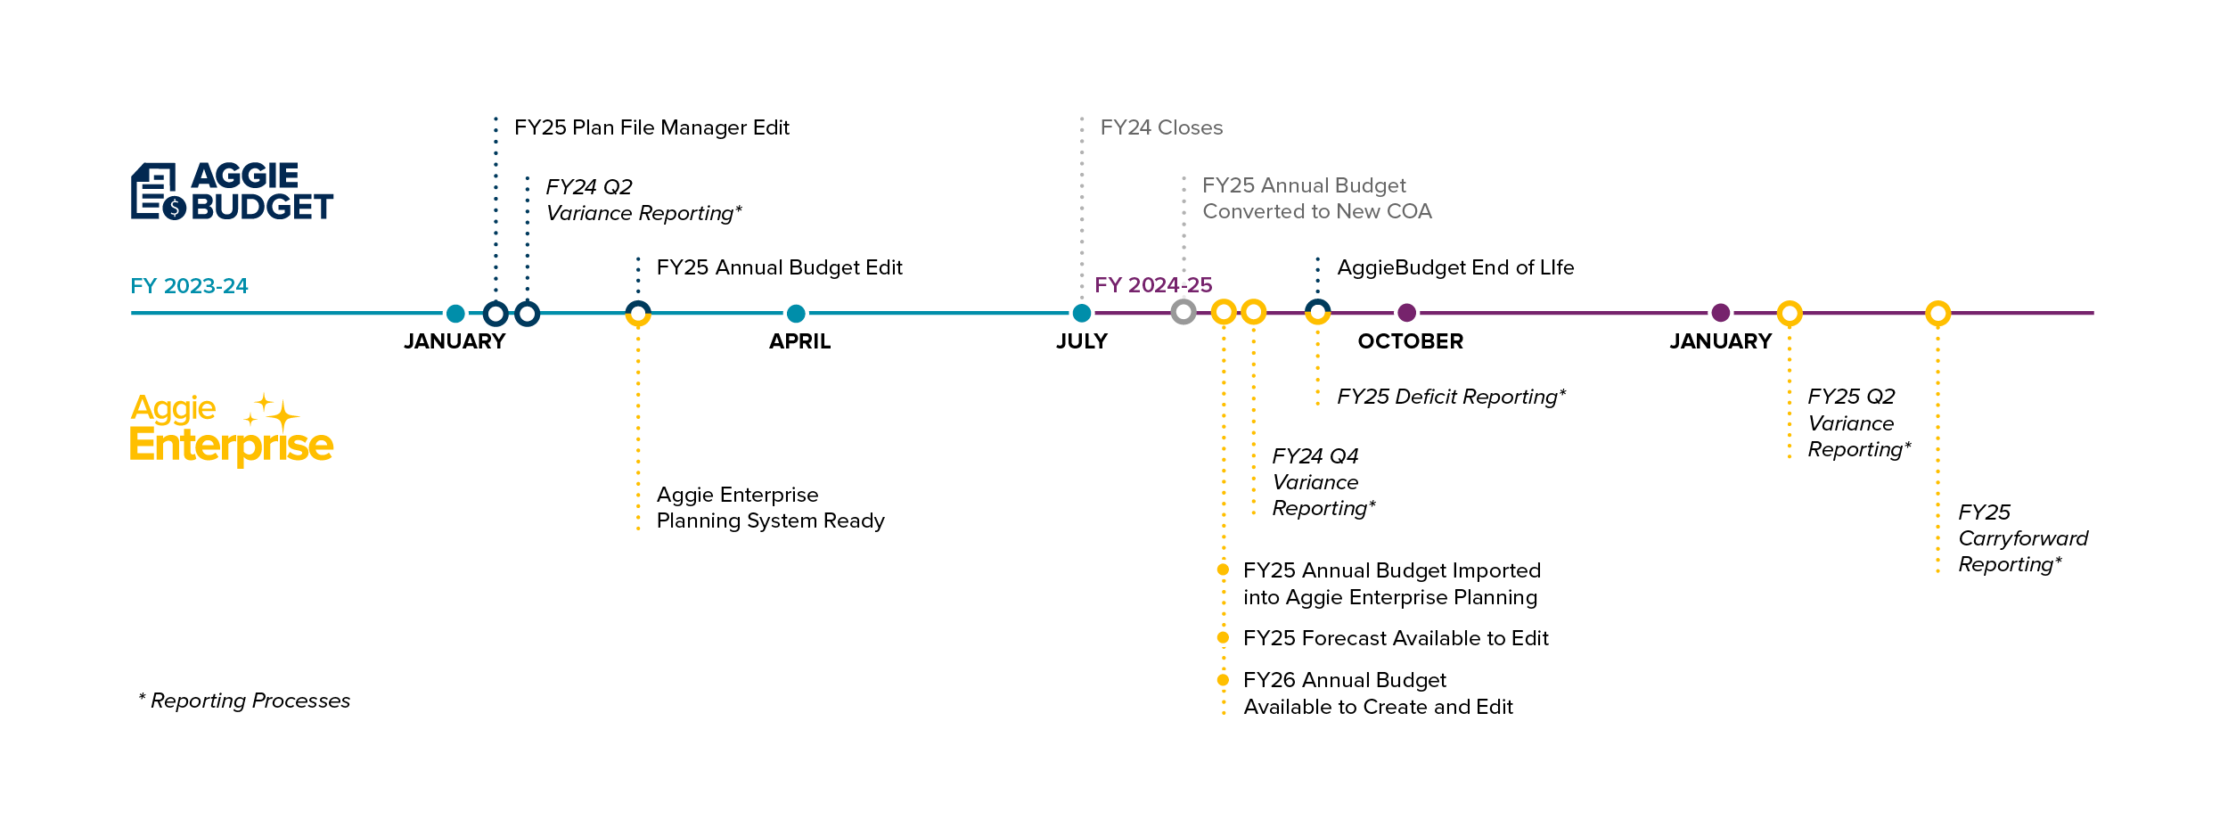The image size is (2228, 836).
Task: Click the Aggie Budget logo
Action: coord(232,191)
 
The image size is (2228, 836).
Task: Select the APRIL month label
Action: coord(799,341)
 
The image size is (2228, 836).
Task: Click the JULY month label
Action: coord(1081,341)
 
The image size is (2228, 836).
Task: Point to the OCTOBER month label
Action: coord(1410,341)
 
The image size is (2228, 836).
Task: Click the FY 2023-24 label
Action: coord(189,286)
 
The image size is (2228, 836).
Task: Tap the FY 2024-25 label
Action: coord(1152,285)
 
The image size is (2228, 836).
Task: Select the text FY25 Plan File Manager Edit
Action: coord(651,127)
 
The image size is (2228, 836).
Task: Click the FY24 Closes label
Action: coord(1161,127)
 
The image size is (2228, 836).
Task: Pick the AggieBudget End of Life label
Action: coord(1455,267)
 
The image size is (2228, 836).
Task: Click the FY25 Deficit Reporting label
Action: coord(1451,397)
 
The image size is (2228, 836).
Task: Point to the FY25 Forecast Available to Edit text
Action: coord(1396,638)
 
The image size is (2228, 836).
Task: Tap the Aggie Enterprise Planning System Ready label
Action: coord(770,508)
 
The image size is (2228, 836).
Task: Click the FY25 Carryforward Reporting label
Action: coord(2022,538)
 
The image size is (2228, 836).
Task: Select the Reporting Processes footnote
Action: coord(245,701)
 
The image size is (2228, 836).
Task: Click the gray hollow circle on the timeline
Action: coord(1184,312)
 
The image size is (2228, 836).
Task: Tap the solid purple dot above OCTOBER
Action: coord(1406,313)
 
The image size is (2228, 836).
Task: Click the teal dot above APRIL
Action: coord(796,313)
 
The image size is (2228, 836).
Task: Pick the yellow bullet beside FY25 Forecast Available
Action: coord(1223,637)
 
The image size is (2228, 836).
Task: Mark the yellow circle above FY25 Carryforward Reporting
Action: coord(1937,313)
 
